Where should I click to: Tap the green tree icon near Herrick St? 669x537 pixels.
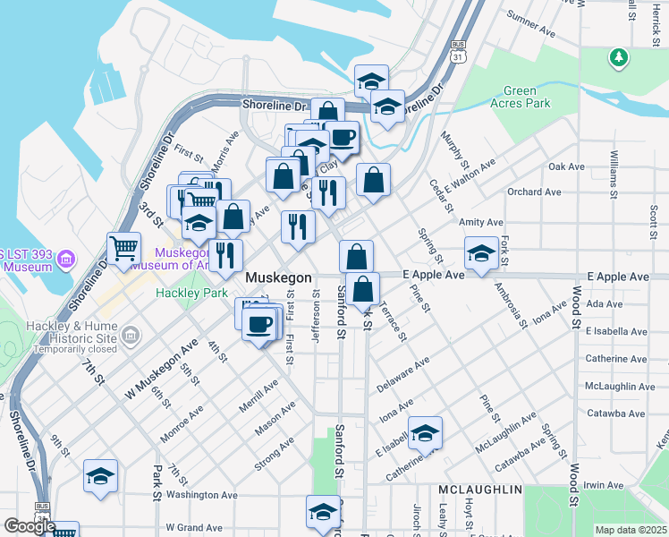[616, 58]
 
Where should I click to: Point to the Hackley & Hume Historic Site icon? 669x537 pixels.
[131, 337]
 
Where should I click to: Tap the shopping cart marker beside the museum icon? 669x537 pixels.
[123, 248]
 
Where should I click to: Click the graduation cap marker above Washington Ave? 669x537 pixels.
[101, 475]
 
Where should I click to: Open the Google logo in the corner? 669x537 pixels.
[29, 526]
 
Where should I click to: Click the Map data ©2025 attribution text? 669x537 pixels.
[631, 530]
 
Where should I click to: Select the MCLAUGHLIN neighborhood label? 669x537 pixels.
[479, 490]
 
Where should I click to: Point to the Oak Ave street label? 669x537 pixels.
[566, 166]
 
